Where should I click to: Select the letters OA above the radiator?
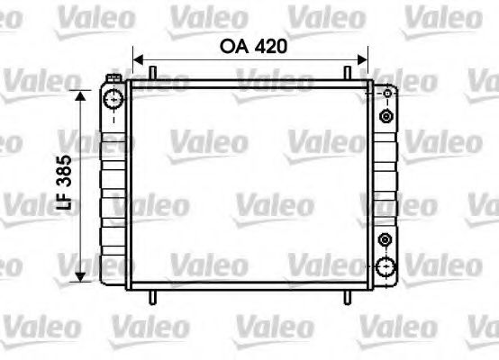click(x=233, y=47)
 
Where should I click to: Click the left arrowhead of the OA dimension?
click(x=138, y=60)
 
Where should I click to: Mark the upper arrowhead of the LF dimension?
click(x=82, y=94)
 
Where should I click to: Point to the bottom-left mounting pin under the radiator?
click(x=154, y=298)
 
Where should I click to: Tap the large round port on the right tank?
click(x=386, y=266)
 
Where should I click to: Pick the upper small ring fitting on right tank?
click(x=386, y=117)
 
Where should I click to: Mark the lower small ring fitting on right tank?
click(x=386, y=239)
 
